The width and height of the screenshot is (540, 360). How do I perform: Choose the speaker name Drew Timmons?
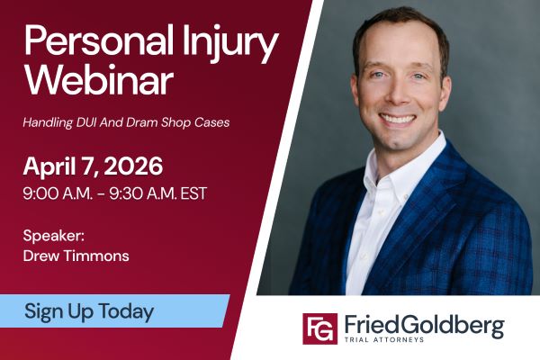click(76, 256)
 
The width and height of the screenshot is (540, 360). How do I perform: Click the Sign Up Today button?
click(89, 311)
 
